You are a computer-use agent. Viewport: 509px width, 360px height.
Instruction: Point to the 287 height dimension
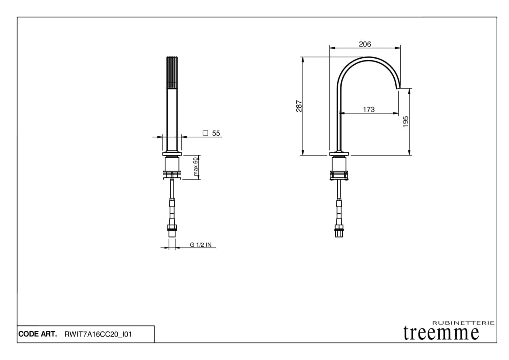pyautogui.click(x=299, y=106)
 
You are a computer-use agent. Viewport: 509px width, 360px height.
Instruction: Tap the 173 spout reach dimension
pyautogui.click(x=369, y=110)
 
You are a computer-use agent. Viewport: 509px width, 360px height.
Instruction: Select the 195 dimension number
pyautogui.click(x=406, y=122)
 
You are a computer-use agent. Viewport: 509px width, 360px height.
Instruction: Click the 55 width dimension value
pyautogui.click(x=216, y=133)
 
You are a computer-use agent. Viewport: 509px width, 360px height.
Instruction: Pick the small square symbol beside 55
pyautogui.click(x=205, y=133)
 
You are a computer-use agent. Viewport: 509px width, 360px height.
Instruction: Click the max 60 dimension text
pyautogui.click(x=195, y=167)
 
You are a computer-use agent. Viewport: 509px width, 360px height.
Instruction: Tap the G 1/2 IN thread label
pyautogui.click(x=201, y=245)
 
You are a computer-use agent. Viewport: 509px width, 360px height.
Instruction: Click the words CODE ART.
pyautogui.click(x=38, y=334)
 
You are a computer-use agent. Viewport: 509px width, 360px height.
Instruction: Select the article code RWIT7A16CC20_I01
pyautogui.click(x=98, y=334)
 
